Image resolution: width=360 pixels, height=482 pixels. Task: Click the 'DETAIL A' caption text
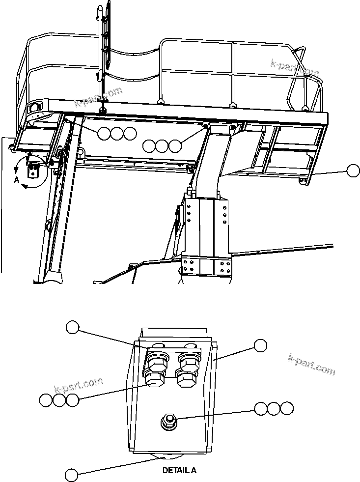point(179,470)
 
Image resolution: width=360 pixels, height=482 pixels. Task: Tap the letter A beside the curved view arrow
point(16,180)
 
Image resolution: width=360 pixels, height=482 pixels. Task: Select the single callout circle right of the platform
point(353,170)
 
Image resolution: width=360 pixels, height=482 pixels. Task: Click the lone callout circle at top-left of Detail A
point(73,327)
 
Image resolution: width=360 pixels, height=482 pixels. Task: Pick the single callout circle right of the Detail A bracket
point(260,345)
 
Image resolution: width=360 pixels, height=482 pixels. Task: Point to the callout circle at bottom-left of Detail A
point(72,475)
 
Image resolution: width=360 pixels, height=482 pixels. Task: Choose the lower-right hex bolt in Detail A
point(186,379)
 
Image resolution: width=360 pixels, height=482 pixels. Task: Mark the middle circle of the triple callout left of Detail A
point(59,400)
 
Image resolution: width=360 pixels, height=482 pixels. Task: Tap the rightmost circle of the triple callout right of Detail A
point(287,408)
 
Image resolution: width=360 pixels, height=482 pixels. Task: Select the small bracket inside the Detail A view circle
point(34,170)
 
